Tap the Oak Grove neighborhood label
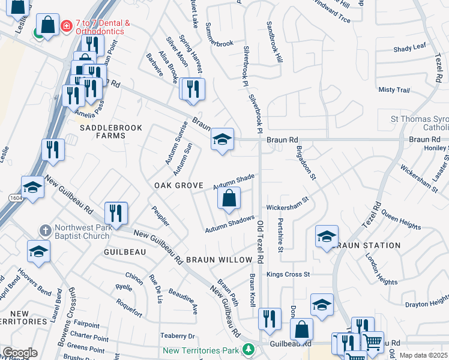(x=178, y=185)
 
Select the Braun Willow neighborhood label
(x=218, y=260)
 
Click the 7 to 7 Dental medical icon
(x=66, y=26)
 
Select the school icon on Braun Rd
(x=222, y=140)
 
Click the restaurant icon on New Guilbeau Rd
(x=116, y=213)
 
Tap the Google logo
(x=19, y=353)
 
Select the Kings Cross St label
(x=288, y=274)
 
